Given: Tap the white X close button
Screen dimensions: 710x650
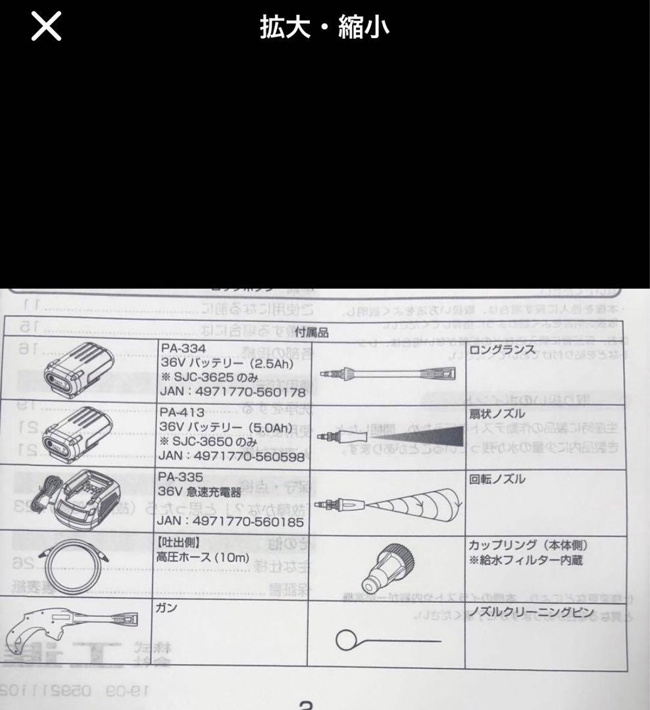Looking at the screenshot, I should click(46, 28).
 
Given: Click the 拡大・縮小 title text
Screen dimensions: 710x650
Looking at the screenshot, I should click(324, 28).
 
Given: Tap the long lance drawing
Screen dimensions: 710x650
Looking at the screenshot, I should click(388, 375).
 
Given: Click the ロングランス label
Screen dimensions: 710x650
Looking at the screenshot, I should click(502, 350).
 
